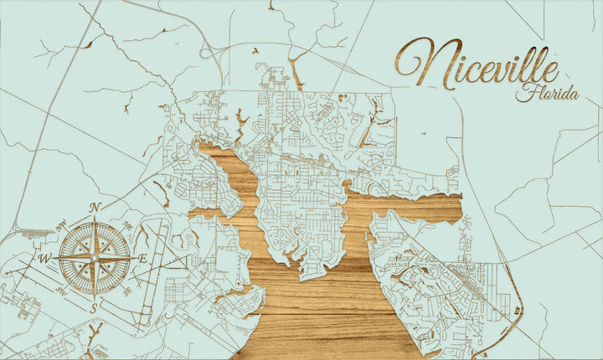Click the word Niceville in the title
click(x=477, y=65)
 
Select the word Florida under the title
click(x=547, y=93)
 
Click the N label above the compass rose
click(x=95, y=208)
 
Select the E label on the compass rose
click(x=142, y=259)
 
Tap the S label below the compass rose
click(x=94, y=306)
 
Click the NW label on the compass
click(x=60, y=224)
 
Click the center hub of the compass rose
click(x=94, y=257)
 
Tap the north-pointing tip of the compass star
click(x=94, y=219)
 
